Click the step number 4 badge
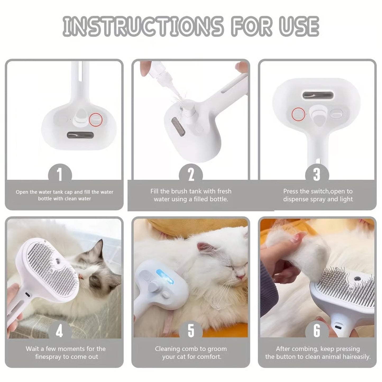[x=60, y=331]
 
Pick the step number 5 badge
[x=191, y=331]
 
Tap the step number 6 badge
[x=317, y=331]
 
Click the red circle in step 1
[x=96, y=119]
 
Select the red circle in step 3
[x=298, y=114]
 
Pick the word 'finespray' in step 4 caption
[x=48, y=357]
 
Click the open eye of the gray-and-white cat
[x=93, y=279]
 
